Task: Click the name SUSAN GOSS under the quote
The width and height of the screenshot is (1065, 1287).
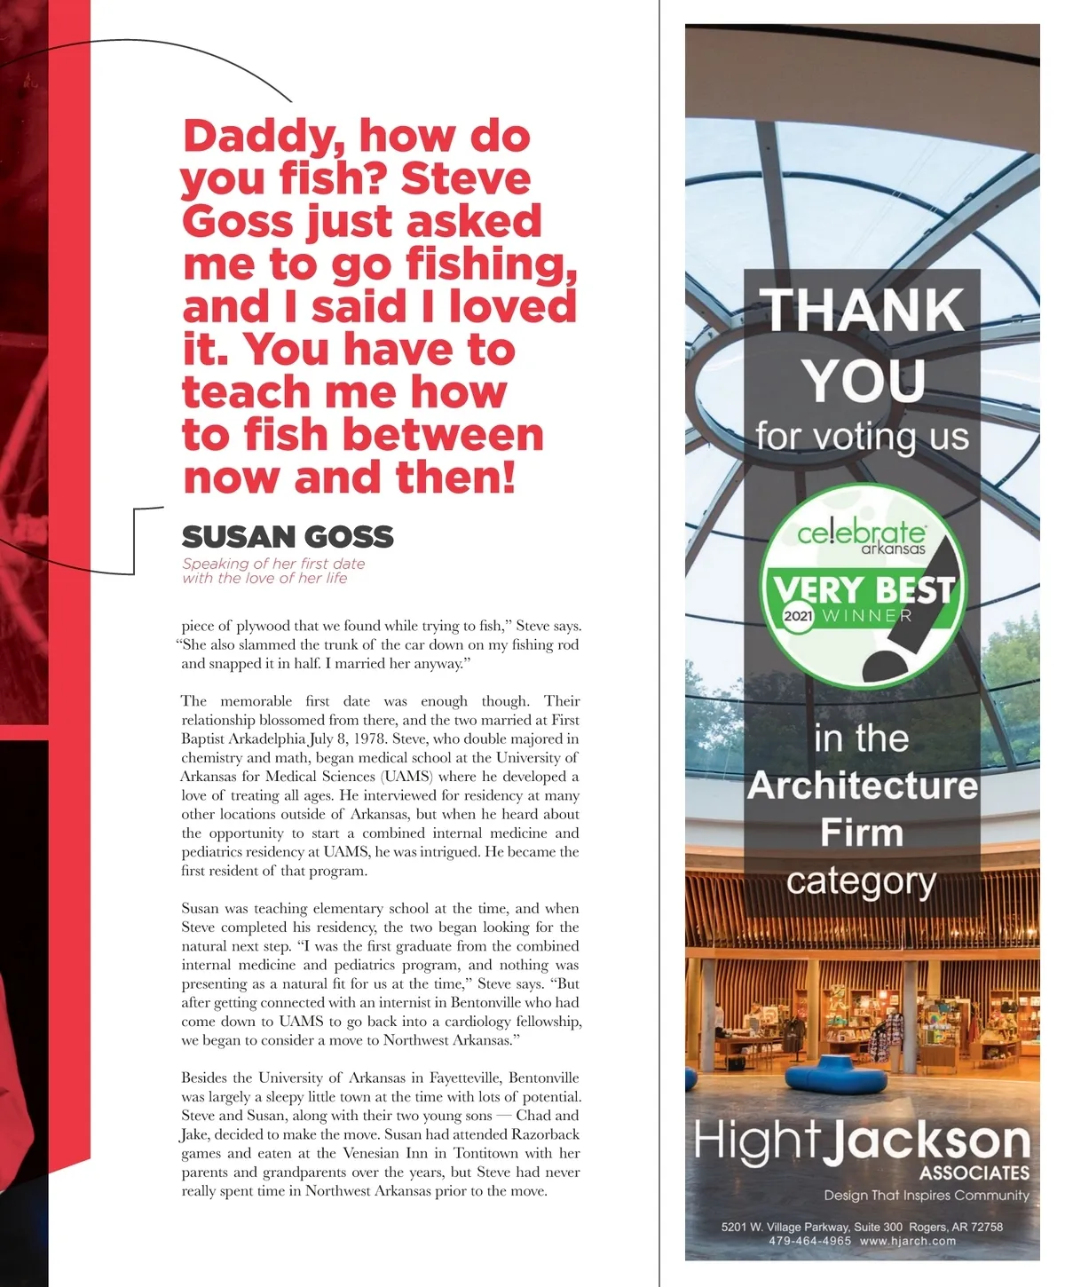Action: pyautogui.click(x=288, y=537)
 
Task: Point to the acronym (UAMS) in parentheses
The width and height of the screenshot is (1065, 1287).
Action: pyautogui.click(x=408, y=777)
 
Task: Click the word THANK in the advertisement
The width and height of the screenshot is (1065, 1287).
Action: pyautogui.click(x=863, y=310)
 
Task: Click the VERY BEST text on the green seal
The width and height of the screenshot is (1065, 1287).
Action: pyautogui.click(x=862, y=588)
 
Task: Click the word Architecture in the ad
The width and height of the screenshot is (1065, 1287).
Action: pyautogui.click(x=862, y=786)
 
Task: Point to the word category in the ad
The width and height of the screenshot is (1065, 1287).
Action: pyautogui.click(x=861, y=881)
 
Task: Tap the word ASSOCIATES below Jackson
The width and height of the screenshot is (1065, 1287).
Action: pyautogui.click(x=974, y=1173)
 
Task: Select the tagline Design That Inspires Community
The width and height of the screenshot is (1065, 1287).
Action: pyautogui.click(x=926, y=1196)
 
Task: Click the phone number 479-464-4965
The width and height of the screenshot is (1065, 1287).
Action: pyautogui.click(x=809, y=1241)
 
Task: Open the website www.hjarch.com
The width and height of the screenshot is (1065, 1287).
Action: pyautogui.click(x=908, y=1241)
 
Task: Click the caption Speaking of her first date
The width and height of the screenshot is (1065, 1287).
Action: pyautogui.click(x=273, y=564)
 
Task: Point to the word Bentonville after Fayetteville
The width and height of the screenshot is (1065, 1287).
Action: pyautogui.click(x=543, y=1078)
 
